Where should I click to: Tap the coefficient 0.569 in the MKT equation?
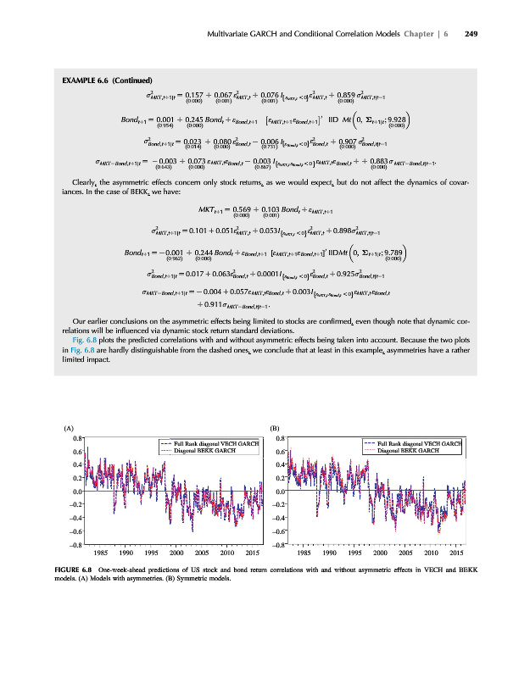[x=226, y=208]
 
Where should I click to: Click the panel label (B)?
[x=274, y=428]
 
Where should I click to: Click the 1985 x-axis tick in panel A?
[x=98, y=552]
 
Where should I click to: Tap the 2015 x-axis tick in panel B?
[x=455, y=552]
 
